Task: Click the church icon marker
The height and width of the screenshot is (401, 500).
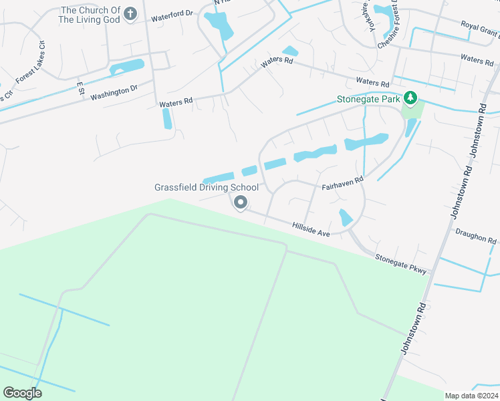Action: (130, 13)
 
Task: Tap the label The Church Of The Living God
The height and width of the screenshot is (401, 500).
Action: (90, 15)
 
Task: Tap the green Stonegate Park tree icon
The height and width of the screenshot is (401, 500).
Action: (410, 100)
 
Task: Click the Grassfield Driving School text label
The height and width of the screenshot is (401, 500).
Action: (207, 187)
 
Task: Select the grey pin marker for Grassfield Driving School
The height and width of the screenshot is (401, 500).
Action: (241, 203)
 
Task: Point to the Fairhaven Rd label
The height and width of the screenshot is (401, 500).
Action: (342, 180)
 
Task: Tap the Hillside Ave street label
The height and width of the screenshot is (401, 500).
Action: (311, 230)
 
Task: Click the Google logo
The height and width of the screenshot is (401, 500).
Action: (23, 393)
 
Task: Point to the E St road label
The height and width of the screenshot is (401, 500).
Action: (80, 88)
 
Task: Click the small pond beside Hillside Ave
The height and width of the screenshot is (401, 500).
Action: (346, 217)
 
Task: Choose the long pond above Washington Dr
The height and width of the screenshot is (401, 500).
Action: (127, 67)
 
